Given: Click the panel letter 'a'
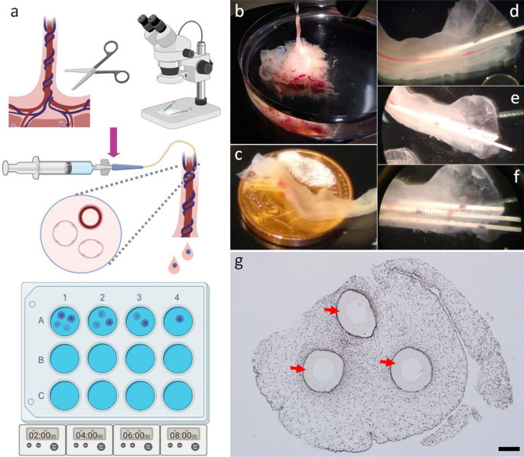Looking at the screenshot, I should pos(12,12).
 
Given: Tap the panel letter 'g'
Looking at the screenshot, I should pos(239,261).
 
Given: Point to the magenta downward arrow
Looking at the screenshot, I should pos(114,145).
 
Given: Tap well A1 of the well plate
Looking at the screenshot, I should pos(63,320).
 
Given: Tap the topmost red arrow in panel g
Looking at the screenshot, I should pos(331,310).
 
